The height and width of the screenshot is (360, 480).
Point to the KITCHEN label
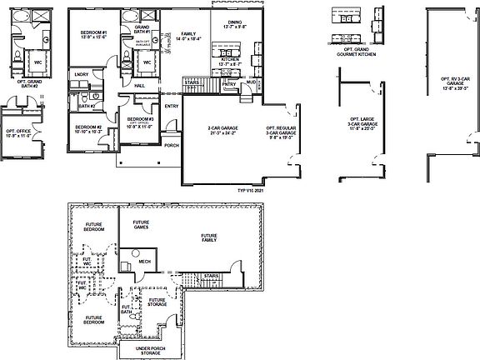pyautogui.click(x=230, y=60)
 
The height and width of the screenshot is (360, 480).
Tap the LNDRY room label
pyautogui.click(x=81, y=76)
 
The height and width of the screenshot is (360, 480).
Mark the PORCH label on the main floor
pyautogui.click(x=172, y=146)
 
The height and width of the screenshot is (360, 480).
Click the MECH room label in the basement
pyautogui.click(x=143, y=260)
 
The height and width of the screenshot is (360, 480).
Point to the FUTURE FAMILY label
pyautogui.click(x=209, y=238)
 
